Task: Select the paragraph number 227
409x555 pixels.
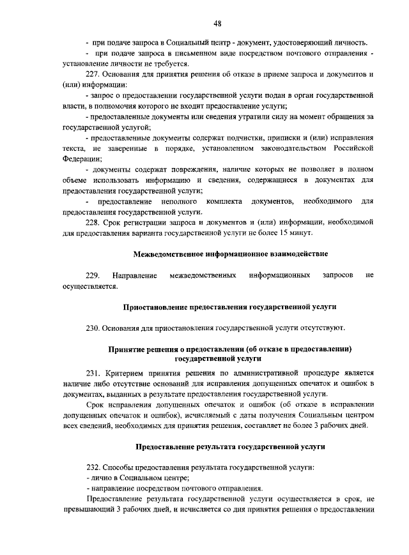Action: pos(94,74)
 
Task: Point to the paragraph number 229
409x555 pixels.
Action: pos(94,275)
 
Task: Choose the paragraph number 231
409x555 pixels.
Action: pos(94,372)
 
